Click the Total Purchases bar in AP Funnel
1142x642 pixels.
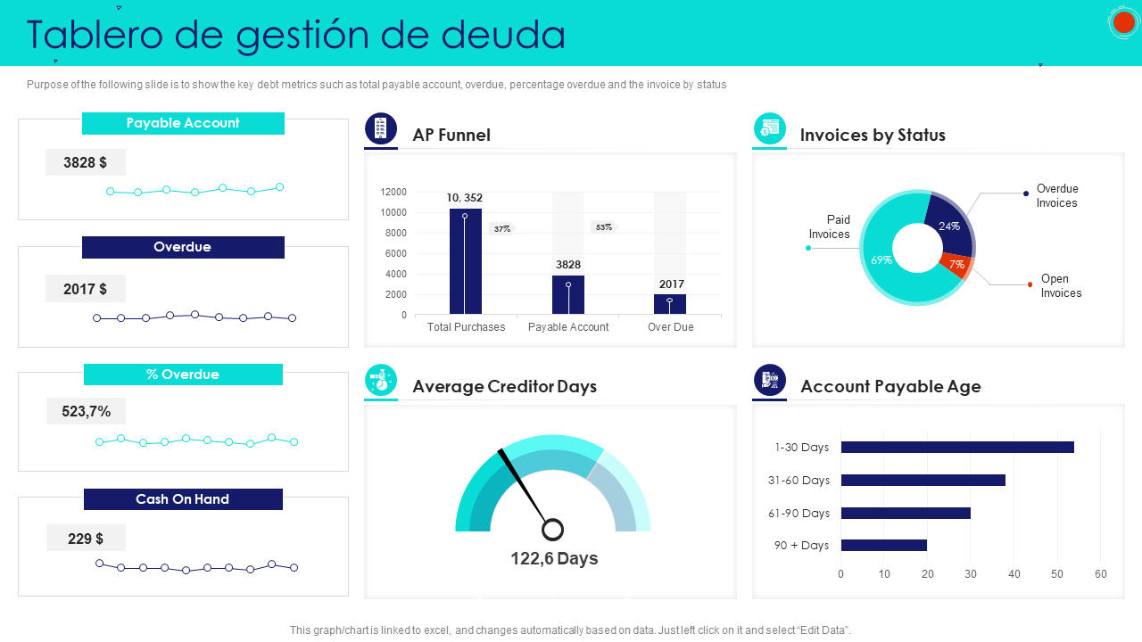coord(465,263)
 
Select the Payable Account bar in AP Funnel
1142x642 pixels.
coord(568,295)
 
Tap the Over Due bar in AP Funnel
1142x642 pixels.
coord(670,304)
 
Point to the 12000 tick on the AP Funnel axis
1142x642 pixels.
coord(393,192)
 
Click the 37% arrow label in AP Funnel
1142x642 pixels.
coord(502,229)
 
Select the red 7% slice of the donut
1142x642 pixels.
coord(956,264)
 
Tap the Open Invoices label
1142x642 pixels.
coord(1060,285)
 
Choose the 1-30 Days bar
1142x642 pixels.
coord(956,448)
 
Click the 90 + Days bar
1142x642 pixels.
coord(883,545)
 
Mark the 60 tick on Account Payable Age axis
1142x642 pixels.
coord(1100,574)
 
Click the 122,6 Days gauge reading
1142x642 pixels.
coord(554,558)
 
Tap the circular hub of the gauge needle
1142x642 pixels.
coord(553,530)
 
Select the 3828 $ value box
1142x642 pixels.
coord(86,162)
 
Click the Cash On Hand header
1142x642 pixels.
coord(183,499)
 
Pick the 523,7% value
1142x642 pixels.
coord(87,411)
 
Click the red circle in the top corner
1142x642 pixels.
coord(1123,22)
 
